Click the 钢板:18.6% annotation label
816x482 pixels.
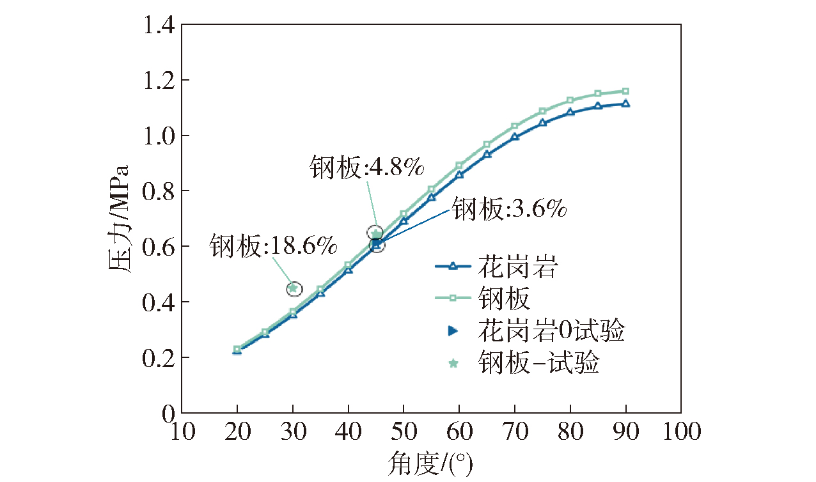coord(273,246)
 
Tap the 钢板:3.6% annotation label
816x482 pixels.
coord(510,209)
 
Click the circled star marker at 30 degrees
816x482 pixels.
coord(293,288)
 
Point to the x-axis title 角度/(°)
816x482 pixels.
coord(430,465)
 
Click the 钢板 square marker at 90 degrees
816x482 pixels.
coord(625,91)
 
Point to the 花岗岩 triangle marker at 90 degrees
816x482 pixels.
coord(625,104)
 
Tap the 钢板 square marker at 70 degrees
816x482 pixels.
coord(514,126)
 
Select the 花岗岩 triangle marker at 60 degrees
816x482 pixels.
coord(459,175)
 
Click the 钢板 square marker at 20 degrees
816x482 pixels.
coord(237,350)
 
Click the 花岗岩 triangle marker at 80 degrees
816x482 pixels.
coord(570,113)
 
